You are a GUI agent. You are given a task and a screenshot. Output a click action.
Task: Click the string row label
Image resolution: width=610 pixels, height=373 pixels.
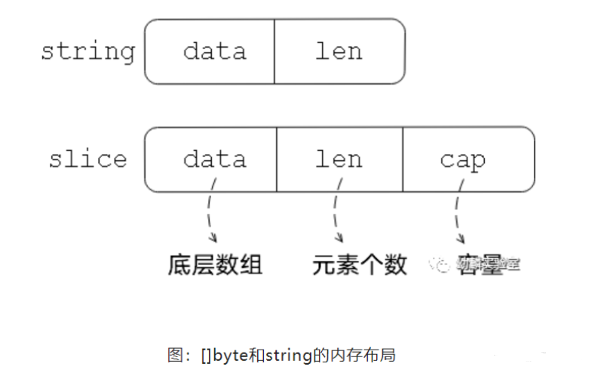87,51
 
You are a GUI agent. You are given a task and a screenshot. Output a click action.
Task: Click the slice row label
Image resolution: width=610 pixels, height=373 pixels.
87,159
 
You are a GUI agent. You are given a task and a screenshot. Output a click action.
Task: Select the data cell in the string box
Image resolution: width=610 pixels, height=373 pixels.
214,51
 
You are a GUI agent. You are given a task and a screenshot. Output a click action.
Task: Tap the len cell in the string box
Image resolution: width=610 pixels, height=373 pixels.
339,51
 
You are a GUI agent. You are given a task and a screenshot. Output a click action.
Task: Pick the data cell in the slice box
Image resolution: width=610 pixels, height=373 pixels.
214,159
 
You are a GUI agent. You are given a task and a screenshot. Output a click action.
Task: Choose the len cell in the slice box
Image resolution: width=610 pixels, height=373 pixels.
339,159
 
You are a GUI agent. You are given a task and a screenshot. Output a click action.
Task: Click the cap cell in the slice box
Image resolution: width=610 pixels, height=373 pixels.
462,159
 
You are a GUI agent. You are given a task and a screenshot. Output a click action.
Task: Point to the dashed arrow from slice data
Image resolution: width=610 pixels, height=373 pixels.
210,215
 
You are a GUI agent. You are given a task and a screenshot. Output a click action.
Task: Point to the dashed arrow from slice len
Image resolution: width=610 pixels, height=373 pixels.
335,215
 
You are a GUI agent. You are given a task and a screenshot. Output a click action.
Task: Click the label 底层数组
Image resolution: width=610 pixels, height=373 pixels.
215,265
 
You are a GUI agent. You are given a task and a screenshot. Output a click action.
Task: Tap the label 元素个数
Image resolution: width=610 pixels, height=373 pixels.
360,265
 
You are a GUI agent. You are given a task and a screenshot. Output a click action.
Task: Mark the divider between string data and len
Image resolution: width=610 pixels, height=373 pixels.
274,51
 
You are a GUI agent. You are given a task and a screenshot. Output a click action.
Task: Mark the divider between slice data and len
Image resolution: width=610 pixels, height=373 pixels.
277,159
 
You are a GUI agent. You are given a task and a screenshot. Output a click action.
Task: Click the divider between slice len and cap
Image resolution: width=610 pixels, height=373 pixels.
403,159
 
